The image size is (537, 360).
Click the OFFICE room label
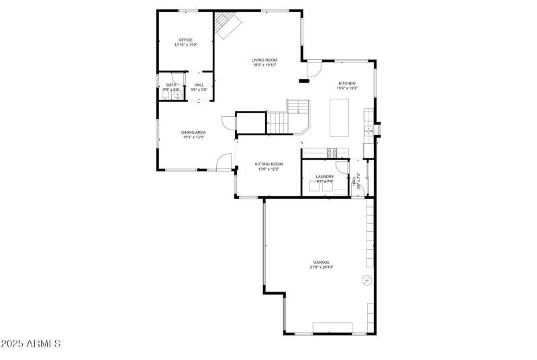[x=185, y=40]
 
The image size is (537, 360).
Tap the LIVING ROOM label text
[x=264, y=60]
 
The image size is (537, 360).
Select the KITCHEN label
[x=347, y=83]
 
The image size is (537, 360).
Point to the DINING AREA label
[x=193, y=132]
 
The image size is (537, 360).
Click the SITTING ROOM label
[x=268, y=164]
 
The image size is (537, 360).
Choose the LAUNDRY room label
[x=325, y=177]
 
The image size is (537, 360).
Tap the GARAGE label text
[x=321, y=263]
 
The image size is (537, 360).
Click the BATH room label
[x=172, y=85]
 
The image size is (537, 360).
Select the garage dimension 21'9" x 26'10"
[x=321, y=267]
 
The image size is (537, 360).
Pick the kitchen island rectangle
[x=340, y=118]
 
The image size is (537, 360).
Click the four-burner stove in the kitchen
[x=332, y=152]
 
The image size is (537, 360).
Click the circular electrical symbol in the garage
[x=367, y=279]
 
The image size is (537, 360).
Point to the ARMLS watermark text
[x=31, y=344]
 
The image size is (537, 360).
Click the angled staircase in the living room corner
[x=228, y=26]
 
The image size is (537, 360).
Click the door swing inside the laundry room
[x=342, y=170]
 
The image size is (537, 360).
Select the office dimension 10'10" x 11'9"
[x=185, y=44]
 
